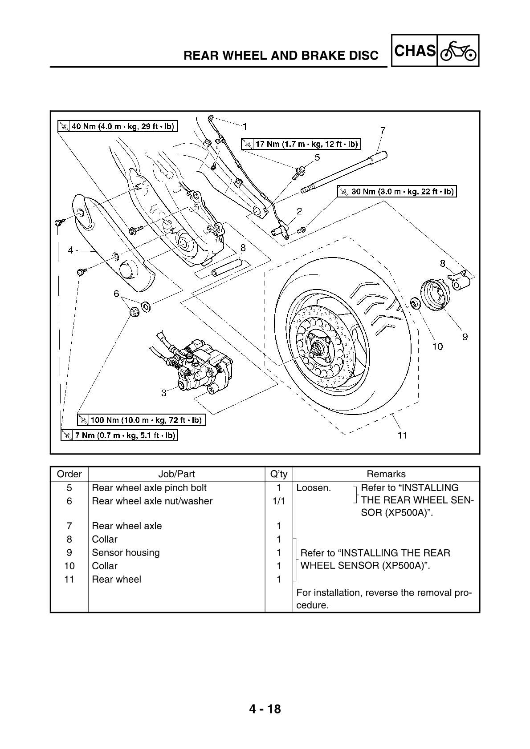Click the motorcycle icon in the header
coord(458,52)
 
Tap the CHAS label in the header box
coord(415,51)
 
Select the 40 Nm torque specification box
coord(118,126)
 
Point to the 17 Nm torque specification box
coord(301,144)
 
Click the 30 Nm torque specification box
coord(398,192)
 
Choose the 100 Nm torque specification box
coord(141,419)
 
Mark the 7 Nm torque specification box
coord(119,435)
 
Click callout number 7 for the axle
coord(383,130)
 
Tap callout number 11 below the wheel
coord(402,435)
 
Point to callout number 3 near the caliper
coord(164,392)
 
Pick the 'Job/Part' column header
coord(176,474)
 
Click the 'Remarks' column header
coord(386,474)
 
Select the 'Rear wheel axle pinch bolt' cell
coord(149,488)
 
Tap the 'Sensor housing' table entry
coord(126,552)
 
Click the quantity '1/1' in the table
coord(278,501)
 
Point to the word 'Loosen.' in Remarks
coord(314,488)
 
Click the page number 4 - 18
coord(265,709)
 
